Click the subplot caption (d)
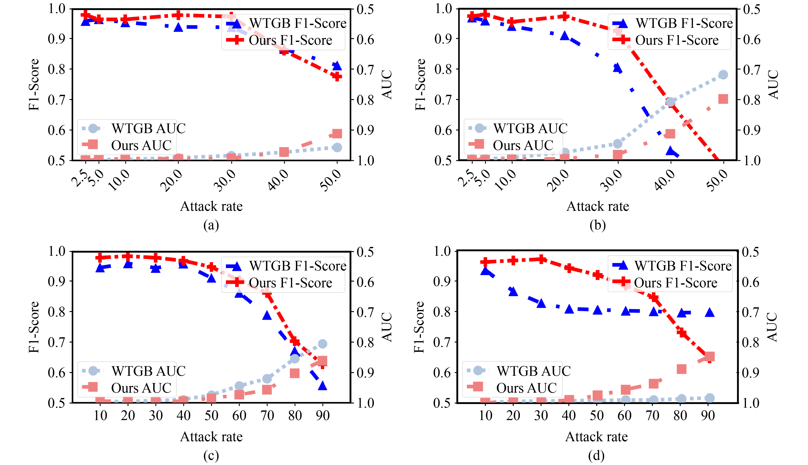pos(596,455)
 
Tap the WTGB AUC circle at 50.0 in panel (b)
pos(723,75)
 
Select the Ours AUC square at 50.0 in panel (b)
pos(723,99)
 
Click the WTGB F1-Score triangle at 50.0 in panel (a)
pos(337,65)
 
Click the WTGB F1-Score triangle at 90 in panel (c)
pos(323,385)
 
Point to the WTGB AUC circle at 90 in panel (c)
pos(323,344)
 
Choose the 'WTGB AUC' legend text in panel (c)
pos(148,371)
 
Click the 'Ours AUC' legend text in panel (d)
pos(526,388)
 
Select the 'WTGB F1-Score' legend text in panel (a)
pos(298,23)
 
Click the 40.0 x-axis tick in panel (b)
pos(665,180)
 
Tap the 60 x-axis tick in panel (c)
pos(239,416)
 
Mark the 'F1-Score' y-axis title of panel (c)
pos(34,327)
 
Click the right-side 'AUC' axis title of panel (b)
pos(773,84)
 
